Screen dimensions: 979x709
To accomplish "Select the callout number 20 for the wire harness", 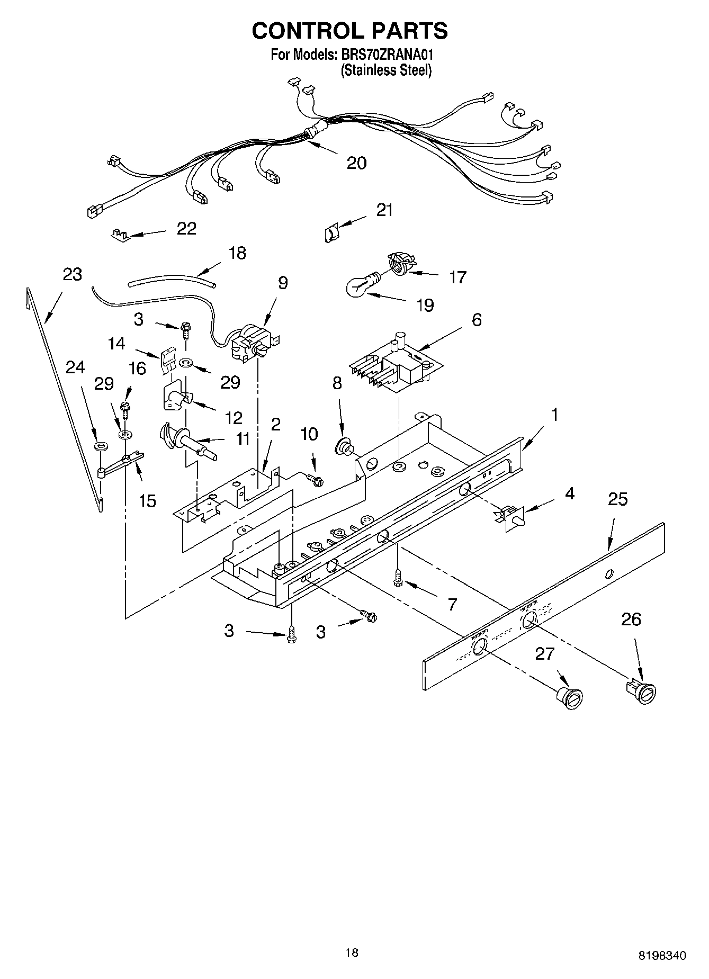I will pos(356,163).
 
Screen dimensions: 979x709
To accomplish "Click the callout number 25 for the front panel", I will pos(618,499).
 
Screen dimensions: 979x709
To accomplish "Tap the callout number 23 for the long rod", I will pos(73,274).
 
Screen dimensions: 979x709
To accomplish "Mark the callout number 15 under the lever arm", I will pos(147,500).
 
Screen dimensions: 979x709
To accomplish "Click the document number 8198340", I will pos(661,955).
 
